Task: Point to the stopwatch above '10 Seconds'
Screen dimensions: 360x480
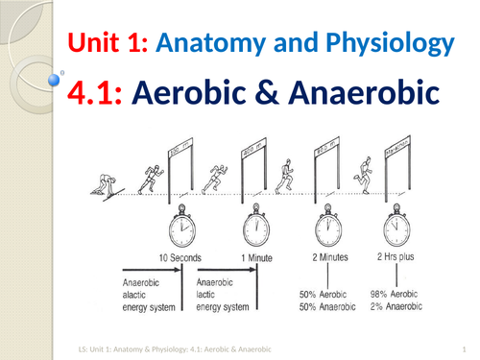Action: click(x=182, y=230)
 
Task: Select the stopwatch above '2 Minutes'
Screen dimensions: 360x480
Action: click(x=329, y=229)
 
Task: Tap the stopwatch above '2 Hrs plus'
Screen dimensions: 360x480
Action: click(x=396, y=229)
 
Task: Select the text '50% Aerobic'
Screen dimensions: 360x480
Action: click(x=326, y=293)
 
